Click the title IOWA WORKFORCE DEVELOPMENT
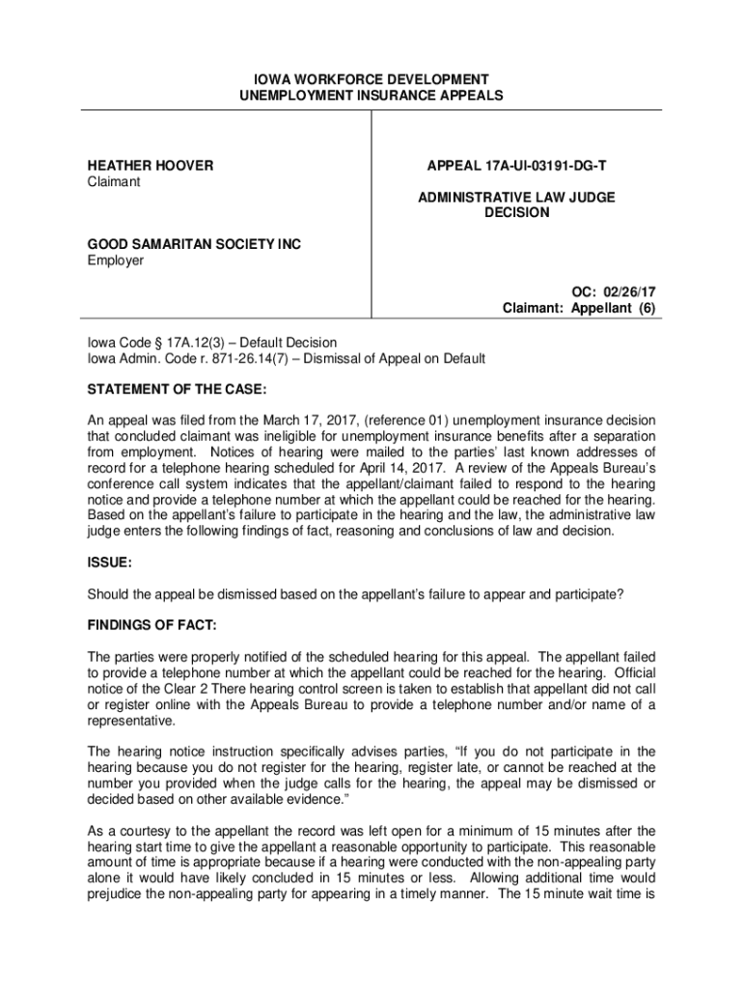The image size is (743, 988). coord(371,79)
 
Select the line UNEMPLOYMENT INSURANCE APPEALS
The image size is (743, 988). coord(371,96)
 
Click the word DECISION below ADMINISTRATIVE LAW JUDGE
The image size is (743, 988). coord(516,213)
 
